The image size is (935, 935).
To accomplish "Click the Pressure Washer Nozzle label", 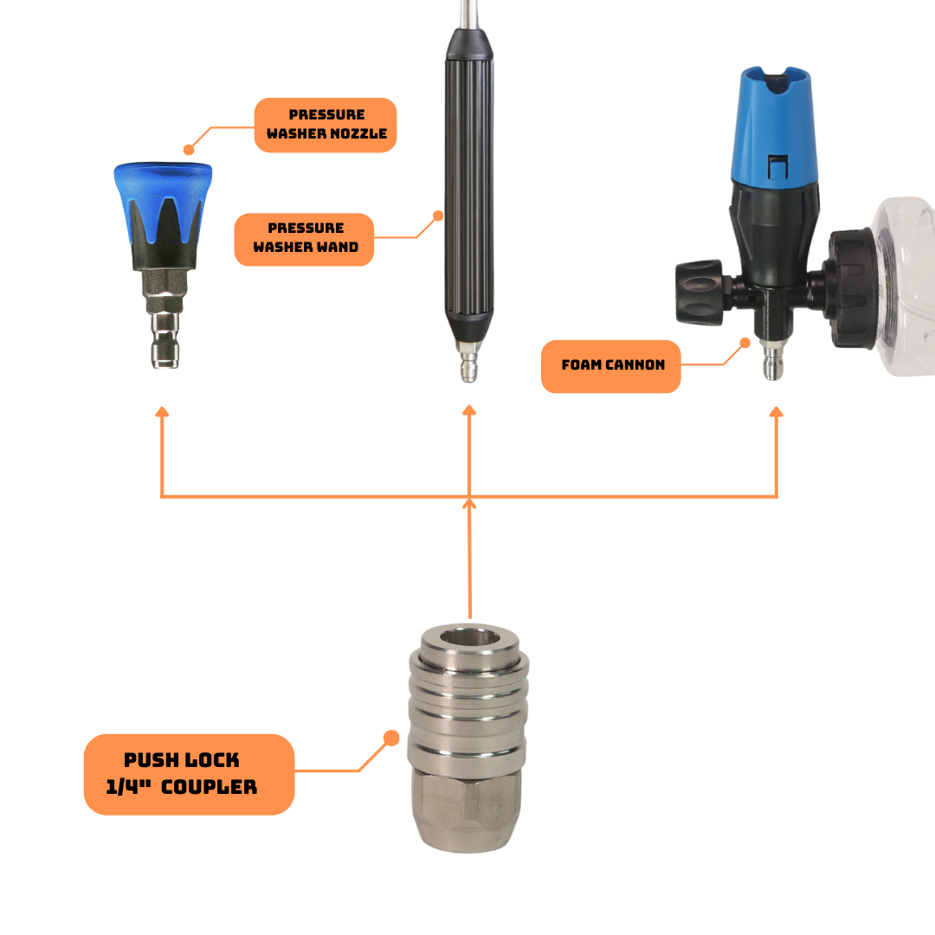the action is [x=326, y=125].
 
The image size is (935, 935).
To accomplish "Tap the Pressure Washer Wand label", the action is [x=304, y=239].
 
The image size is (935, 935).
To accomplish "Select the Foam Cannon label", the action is [x=610, y=366].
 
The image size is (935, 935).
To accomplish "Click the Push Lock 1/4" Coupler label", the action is [x=189, y=774].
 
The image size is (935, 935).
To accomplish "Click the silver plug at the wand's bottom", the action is [x=468, y=361].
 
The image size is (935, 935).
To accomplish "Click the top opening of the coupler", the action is [x=469, y=638].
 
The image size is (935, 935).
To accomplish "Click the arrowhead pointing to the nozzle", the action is [x=162, y=411].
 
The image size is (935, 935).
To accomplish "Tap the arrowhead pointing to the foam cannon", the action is [x=776, y=411].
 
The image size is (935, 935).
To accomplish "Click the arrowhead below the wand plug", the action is [x=469, y=409].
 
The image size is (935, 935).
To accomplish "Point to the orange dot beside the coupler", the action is [x=391, y=738].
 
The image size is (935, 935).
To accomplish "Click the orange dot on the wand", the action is [x=438, y=216].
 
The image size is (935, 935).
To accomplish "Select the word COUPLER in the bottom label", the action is [x=210, y=787].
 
